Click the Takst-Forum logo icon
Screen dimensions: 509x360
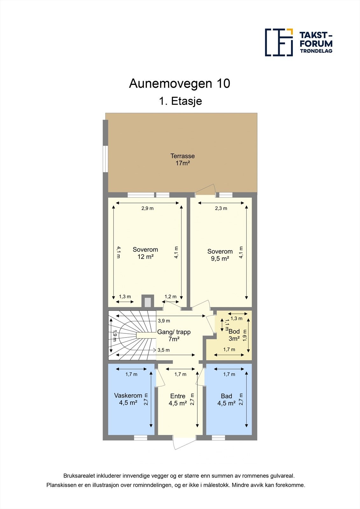(x=279, y=42)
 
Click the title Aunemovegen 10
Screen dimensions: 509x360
(x=180, y=84)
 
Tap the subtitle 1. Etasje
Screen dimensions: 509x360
(x=180, y=101)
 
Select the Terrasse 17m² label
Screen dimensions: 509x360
(x=182, y=159)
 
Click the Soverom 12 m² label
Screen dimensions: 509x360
(x=145, y=253)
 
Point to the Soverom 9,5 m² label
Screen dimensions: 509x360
(x=220, y=255)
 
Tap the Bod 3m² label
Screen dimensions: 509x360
(x=234, y=335)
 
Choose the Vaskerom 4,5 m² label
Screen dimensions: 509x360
(x=128, y=399)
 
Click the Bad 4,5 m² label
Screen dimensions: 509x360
(x=226, y=400)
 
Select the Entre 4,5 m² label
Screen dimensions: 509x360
(x=178, y=400)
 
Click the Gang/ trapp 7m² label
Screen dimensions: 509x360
(x=174, y=336)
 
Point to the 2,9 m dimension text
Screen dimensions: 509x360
(x=147, y=208)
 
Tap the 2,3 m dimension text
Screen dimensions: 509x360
(x=221, y=208)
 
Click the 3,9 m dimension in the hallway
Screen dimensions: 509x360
(x=164, y=321)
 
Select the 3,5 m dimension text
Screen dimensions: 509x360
(x=164, y=350)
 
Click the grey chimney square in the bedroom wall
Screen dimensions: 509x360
(x=148, y=302)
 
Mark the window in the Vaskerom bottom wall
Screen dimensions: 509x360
(x=140, y=438)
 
